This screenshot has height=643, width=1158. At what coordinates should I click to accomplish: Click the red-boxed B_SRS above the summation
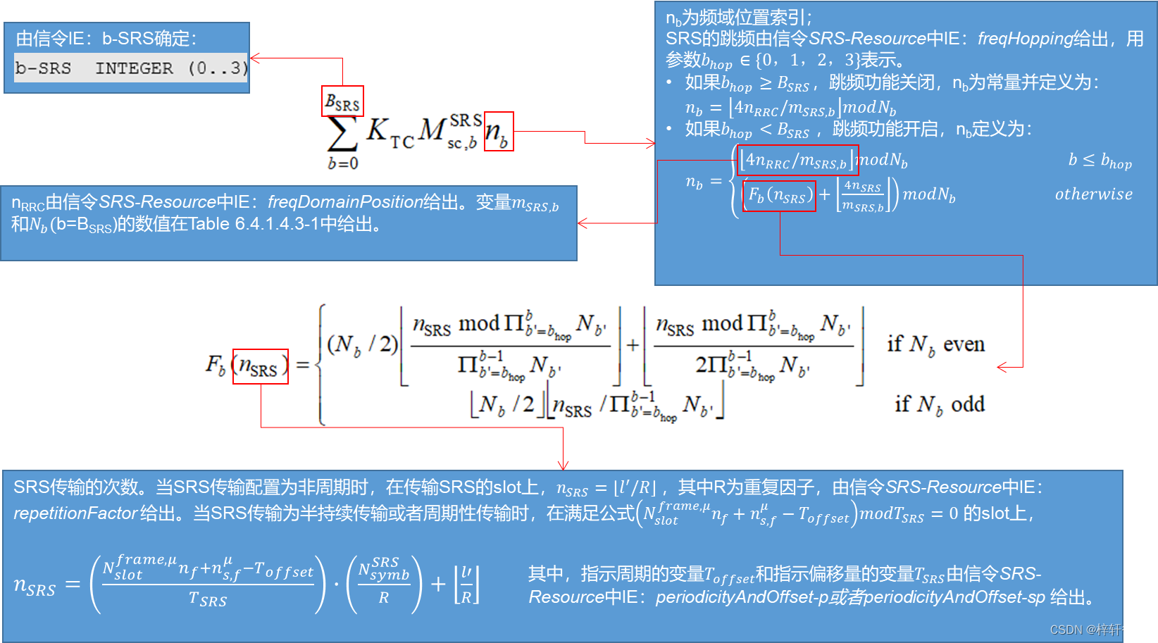click(x=342, y=101)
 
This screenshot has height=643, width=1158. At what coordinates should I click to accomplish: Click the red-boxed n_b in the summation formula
click(x=498, y=132)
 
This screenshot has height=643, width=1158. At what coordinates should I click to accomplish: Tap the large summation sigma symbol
click(x=342, y=133)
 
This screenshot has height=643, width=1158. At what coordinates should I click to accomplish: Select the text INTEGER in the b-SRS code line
click(x=134, y=68)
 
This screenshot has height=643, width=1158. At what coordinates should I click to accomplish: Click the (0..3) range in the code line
click(x=218, y=68)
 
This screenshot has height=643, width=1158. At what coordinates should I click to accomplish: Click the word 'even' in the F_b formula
click(x=964, y=344)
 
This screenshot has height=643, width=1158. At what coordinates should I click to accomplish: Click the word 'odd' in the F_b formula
click(x=968, y=404)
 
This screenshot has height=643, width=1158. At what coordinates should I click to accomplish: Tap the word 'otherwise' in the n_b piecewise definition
click(x=1094, y=194)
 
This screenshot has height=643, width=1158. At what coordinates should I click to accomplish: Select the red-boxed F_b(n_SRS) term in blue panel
click(x=779, y=196)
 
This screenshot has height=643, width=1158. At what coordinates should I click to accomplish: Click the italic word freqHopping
click(x=1025, y=39)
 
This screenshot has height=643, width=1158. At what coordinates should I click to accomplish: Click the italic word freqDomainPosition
click(x=345, y=202)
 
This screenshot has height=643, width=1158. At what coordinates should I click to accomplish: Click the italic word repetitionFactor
click(x=75, y=513)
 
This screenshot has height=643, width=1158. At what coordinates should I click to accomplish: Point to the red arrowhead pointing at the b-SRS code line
click(x=254, y=58)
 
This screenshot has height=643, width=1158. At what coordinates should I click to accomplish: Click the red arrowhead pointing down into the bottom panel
click(x=563, y=465)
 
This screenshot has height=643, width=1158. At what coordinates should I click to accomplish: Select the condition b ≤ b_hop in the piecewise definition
click(x=1100, y=161)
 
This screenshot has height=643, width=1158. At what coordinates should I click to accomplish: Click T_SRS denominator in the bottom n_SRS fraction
click(x=208, y=599)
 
